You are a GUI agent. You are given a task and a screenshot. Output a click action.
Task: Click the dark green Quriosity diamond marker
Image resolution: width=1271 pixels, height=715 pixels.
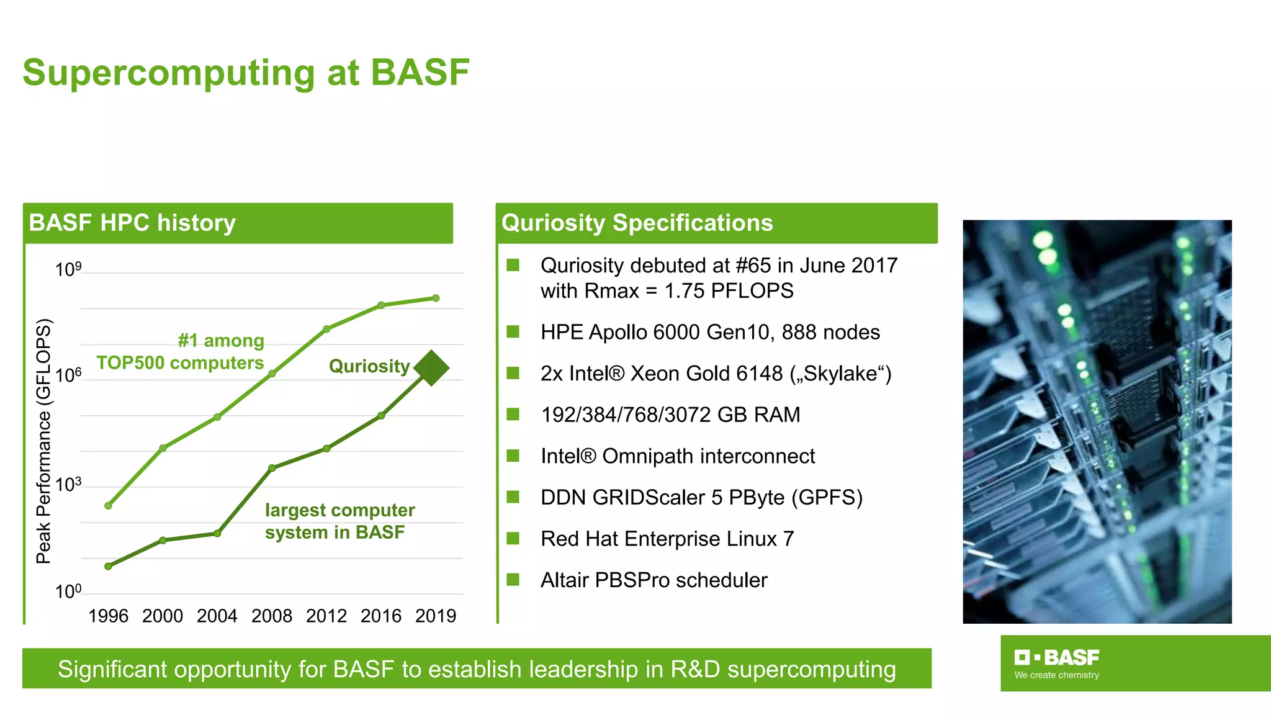431,368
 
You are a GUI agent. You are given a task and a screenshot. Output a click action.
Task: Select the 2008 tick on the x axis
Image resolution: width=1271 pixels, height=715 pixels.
272,616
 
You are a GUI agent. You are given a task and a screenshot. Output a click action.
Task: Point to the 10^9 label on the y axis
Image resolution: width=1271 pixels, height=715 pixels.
68,269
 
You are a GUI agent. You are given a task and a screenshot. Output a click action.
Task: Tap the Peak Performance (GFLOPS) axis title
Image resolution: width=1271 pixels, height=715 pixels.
43,441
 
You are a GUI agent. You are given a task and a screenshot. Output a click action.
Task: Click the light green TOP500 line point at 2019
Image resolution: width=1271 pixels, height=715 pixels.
436,298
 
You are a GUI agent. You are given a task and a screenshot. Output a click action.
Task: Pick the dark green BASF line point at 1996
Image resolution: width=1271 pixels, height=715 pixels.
108,566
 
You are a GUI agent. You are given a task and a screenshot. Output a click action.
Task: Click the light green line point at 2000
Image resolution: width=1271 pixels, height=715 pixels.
163,448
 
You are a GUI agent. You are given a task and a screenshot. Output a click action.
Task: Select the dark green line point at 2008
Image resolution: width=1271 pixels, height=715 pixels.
272,468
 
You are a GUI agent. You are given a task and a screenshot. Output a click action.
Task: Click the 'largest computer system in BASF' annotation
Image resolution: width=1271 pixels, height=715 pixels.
339,521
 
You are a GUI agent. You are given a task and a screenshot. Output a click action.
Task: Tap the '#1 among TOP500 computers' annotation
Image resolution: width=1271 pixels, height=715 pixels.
181,352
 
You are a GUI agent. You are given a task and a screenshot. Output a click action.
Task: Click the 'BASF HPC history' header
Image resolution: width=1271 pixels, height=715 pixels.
132,223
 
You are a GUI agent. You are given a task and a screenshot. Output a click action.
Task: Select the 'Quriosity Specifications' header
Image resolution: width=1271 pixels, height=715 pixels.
637,223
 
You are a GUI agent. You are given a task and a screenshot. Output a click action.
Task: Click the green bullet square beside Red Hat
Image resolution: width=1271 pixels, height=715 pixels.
513,538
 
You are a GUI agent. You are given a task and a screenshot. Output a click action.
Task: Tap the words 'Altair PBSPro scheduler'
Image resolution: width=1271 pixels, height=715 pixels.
653,580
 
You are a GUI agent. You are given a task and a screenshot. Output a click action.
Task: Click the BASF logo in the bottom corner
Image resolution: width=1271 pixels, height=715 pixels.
1056,663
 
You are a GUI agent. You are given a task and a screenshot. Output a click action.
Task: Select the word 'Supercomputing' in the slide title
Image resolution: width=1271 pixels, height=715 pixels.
169,73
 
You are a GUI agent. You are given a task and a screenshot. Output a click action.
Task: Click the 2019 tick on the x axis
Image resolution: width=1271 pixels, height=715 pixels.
436,616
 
